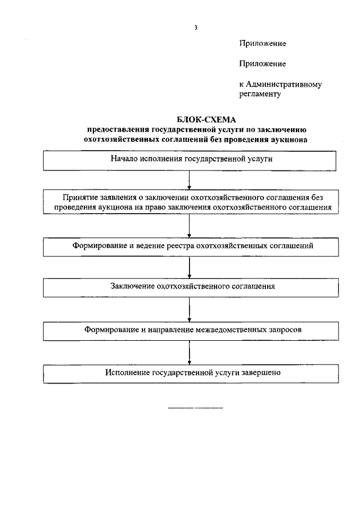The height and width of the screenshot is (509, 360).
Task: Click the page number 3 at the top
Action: pyautogui.click(x=195, y=27)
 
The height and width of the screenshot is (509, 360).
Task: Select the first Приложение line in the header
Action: pyautogui.click(x=263, y=43)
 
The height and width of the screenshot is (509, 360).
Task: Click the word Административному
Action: pyautogui.click(x=283, y=84)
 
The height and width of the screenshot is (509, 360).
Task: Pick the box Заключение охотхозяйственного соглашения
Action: pyautogui.click(x=192, y=287)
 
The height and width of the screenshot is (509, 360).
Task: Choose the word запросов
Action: pyautogui.click(x=284, y=330)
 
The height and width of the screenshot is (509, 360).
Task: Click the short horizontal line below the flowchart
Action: pyautogui.click(x=195, y=407)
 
